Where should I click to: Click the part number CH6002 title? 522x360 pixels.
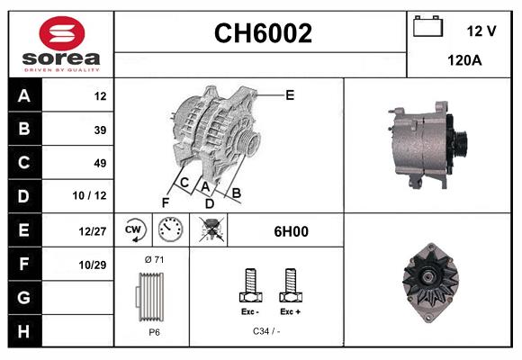pos(262,33)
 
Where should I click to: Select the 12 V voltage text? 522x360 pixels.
pos(481,31)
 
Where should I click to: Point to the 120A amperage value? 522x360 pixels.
pos(464,60)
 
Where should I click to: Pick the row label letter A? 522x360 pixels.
pos(23,96)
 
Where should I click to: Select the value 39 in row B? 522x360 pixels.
pos(100,130)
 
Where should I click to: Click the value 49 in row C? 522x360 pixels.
pos(100,163)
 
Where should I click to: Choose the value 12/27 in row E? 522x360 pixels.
pos(94,231)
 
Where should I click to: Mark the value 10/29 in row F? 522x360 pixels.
pos(94,265)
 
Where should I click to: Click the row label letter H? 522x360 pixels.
pos(23,331)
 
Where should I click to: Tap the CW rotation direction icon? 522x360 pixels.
pos(134,230)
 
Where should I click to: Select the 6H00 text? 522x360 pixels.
pos(291,231)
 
